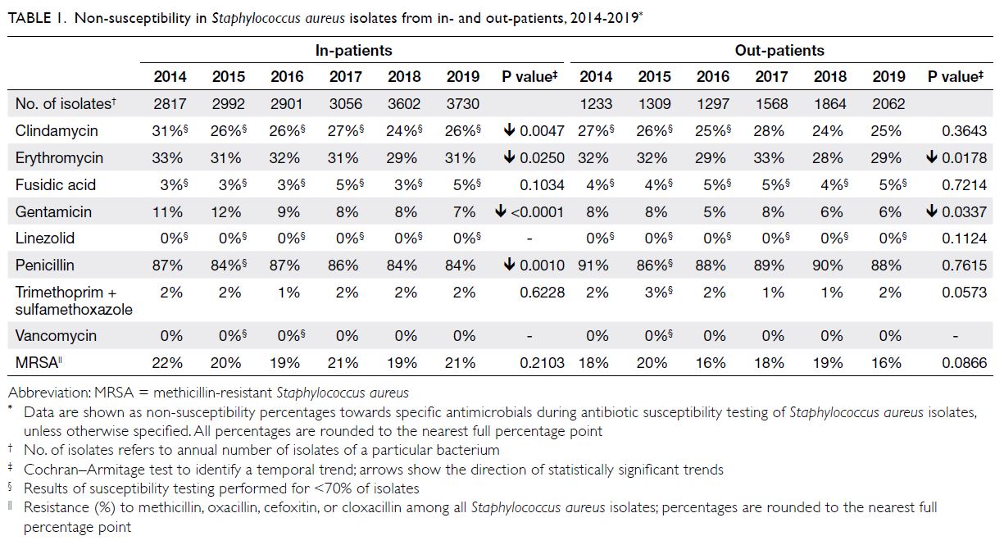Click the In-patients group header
[x=353, y=50]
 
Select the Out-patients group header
[x=779, y=50]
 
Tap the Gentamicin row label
[x=53, y=211]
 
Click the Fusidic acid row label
[x=56, y=184]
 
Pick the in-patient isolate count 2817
[x=170, y=104]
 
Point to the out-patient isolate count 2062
[x=888, y=104]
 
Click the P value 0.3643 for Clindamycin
[x=964, y=131]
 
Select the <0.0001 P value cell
[x=537, y=211]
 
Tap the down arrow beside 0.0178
[x=931, y=157]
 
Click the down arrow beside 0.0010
[x=509, y=265]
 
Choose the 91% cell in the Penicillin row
[x=593, y=266]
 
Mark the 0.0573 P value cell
[x=964, y=293]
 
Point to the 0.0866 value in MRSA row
[x=964, y=362]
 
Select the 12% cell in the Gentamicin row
[x=226, y=211]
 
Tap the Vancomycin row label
[x=56, y=336]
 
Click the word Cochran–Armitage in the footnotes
[x=84, y=470]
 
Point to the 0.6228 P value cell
[x=542, y=293]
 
